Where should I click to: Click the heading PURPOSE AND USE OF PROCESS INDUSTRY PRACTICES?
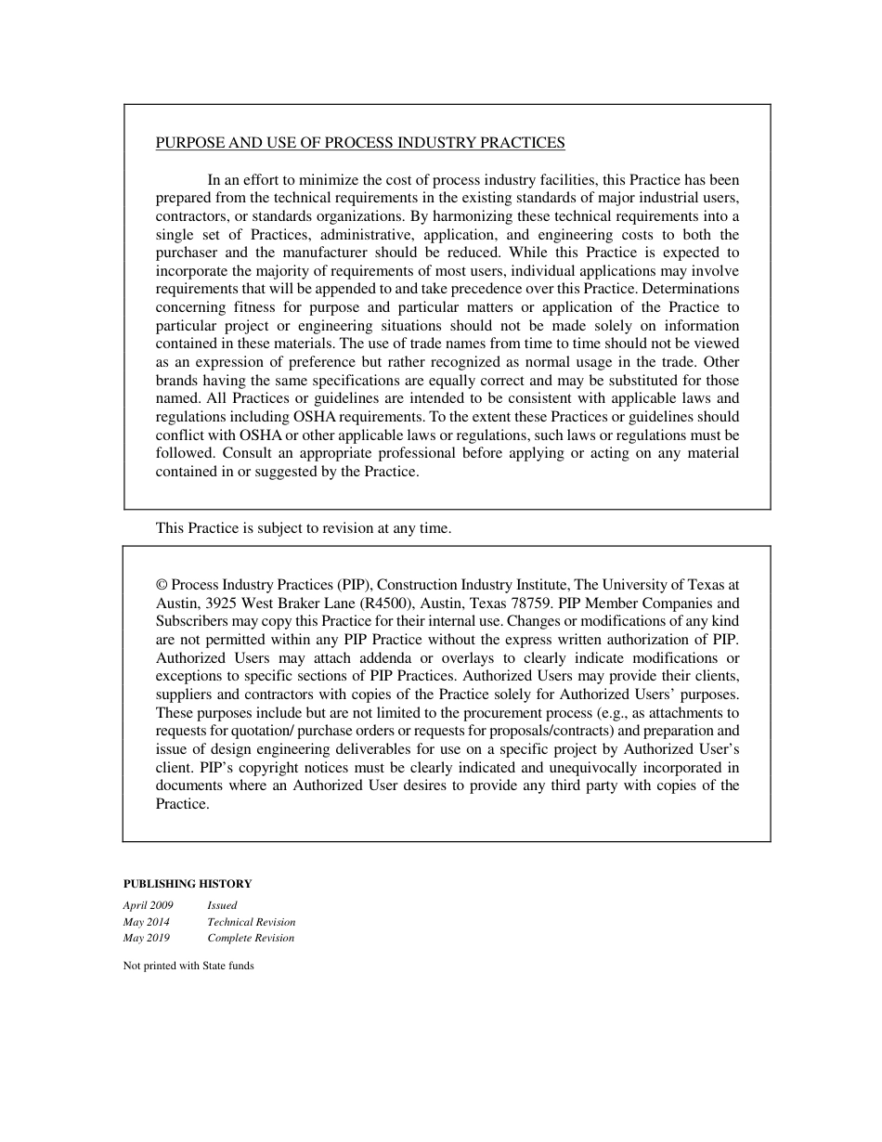pos(360,143)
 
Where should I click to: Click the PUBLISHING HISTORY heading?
pos(188,884)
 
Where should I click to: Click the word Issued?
pos(222,905)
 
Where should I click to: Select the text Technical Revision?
pos(251,922)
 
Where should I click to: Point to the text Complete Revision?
pos(251,938)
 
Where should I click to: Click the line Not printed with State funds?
pos(188,966)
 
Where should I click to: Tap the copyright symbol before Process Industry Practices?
pos(162,585)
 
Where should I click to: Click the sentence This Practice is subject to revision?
pos(304,528)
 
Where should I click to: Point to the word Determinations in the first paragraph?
pos(690,289)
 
